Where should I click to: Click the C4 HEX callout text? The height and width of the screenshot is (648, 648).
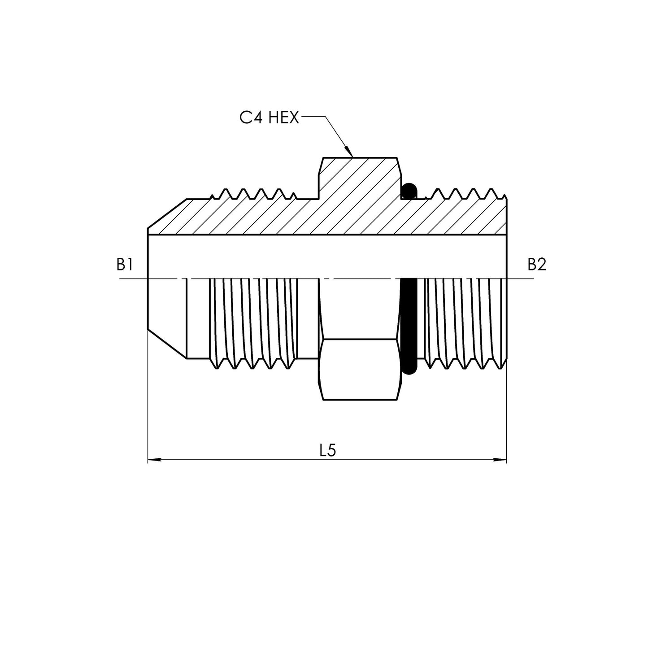click(269, 117)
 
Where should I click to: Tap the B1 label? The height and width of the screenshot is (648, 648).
click(124, 265)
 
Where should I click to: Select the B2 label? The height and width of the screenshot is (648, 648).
click(536, 265)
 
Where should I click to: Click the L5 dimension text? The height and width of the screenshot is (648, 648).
click(328, 451)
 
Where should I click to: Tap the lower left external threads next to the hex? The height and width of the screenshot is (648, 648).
click(253, 323)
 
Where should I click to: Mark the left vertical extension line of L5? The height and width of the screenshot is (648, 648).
click(148, 404)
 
